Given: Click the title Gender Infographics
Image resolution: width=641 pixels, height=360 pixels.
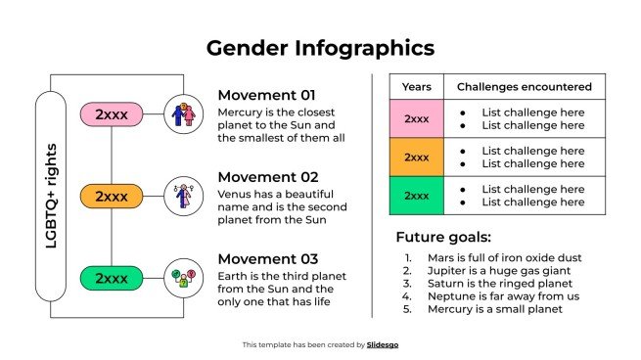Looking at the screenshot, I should tap(320, 48).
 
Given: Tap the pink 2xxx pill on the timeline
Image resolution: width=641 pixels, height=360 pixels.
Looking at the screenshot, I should tap(112, 114).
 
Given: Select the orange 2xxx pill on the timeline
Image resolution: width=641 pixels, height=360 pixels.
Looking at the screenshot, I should tap(112, 197).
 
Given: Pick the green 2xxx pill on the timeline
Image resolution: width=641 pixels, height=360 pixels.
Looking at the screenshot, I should tap(112, 278).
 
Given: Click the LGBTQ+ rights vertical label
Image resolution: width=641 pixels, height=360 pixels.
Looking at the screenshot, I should tap(51, 196).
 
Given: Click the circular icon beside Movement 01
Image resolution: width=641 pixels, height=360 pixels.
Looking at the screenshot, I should tap(182, 114).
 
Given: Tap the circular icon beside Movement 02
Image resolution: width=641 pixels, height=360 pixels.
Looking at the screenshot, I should tap(182, 197).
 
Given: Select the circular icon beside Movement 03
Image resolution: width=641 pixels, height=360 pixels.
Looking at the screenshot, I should tap(182, 278).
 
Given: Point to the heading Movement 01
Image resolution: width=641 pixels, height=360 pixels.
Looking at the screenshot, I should tap(267, 95).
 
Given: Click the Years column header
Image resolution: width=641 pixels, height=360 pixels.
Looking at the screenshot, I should tap(417, 87).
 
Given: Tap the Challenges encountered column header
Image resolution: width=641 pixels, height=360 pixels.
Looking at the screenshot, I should tap(525, 87).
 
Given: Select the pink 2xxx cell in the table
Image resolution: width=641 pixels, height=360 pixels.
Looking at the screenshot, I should tap(417, 119).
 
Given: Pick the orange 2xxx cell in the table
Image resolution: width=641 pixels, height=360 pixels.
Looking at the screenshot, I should tap(417, 157).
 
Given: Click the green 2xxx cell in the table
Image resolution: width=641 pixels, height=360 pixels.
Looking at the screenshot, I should tap(417, 195).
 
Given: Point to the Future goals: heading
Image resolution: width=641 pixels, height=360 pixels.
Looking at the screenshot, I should tap(443, 237).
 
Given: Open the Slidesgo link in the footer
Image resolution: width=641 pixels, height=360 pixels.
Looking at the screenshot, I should tap(383, 344).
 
